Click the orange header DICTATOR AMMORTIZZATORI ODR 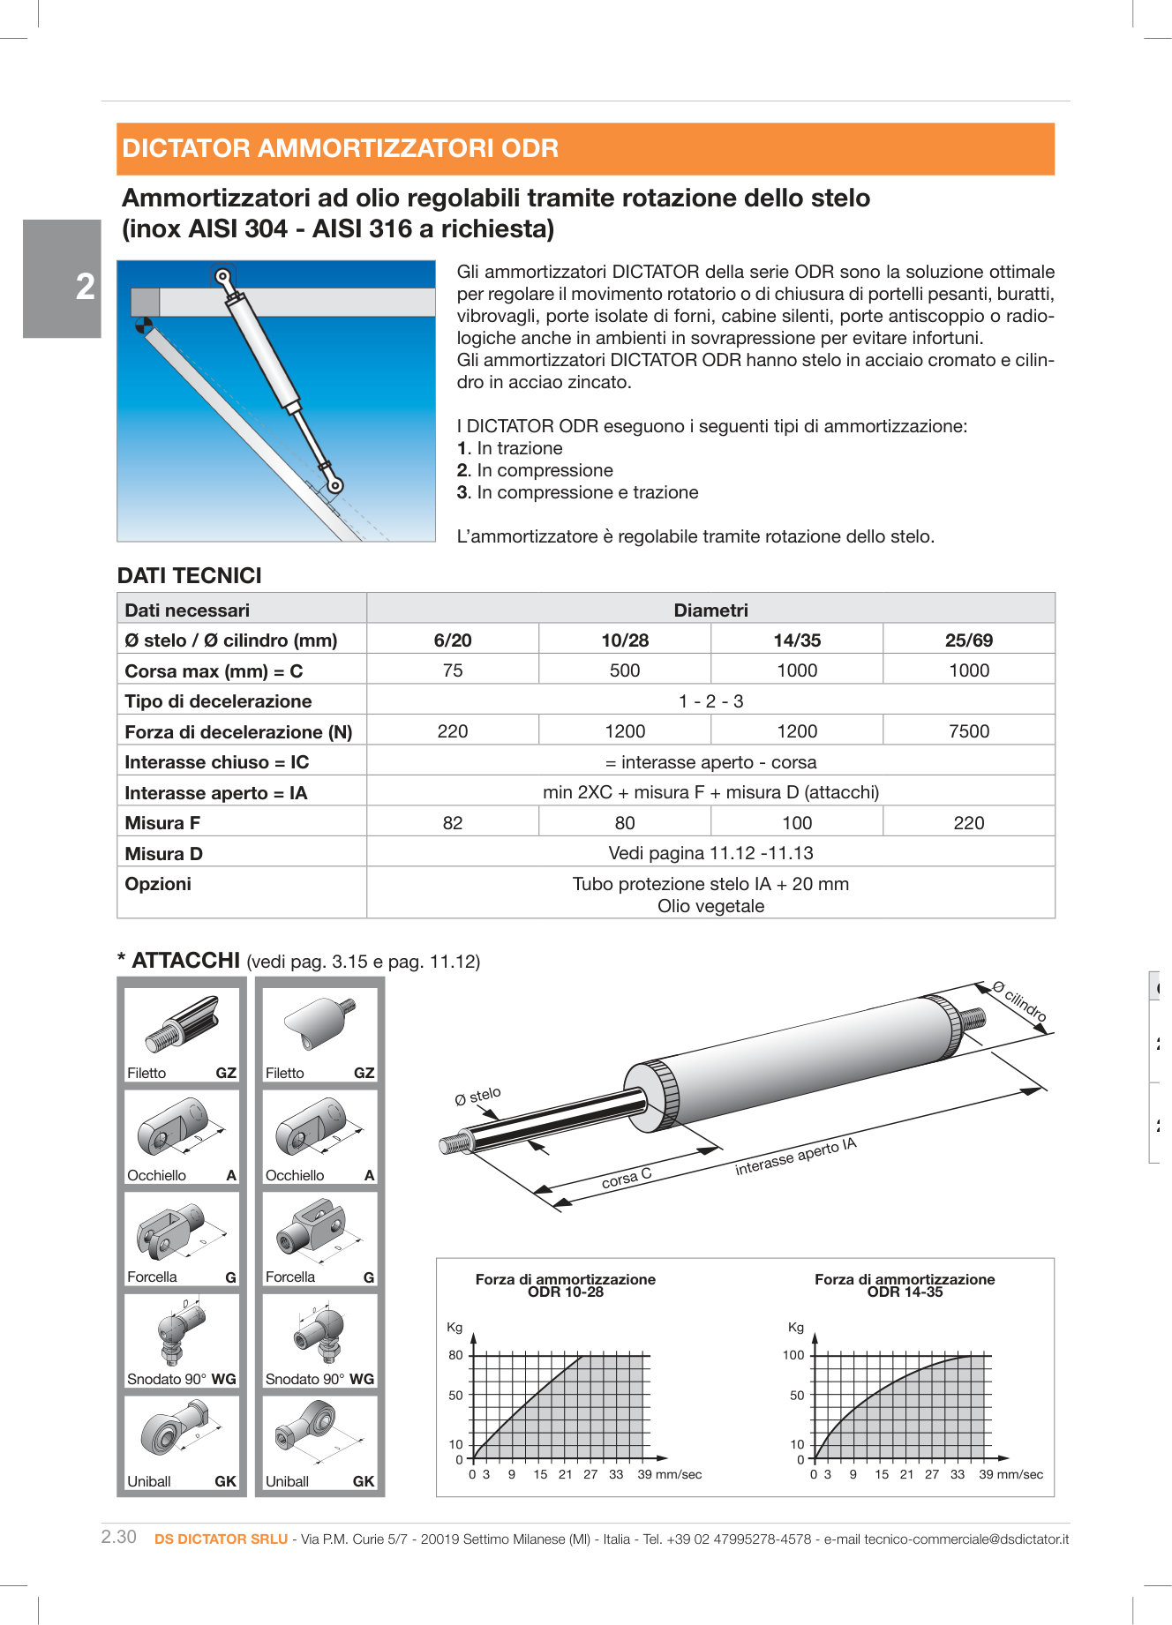pos(340,148)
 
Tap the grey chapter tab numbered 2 pos(62,279)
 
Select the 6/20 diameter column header pos(452,640)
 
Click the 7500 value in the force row pos(968,731)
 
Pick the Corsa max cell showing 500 pos(624,670)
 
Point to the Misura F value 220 pos(968,823)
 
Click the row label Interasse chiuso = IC pos(217,762)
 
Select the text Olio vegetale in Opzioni pos(710,906)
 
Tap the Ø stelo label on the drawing pos(477,1096)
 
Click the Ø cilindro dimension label pos(1020,1001)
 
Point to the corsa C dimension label pos(626,1178)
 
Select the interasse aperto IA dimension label pos(795,1157)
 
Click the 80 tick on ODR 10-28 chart pos(455,1355)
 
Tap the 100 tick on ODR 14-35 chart pos(793,1355)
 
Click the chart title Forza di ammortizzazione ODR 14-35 pos(905,1285)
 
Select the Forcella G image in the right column pos(319,1230)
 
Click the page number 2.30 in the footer pos(119,1537)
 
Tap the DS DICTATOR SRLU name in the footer pos(221,1539)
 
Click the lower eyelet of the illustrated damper pos(334,484)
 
